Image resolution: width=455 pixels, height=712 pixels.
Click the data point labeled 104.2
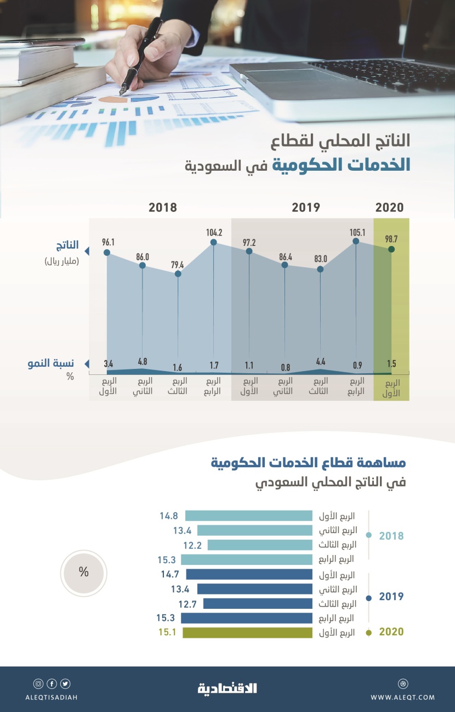tap(213, 242)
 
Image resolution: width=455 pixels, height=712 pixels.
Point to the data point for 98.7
tap(391, 249)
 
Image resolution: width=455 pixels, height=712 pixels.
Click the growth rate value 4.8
tap(143, 362)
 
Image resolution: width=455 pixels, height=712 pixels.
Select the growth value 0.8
tap(285, 367)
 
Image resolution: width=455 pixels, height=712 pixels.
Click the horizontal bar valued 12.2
tap(260, 545)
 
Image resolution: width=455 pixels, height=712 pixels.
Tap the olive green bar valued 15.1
tap(247, 633)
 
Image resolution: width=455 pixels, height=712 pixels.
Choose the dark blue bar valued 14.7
tap(249, 574)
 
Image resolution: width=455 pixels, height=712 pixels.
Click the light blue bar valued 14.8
tap(248, 515)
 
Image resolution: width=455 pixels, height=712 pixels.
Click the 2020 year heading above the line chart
tap(389, 208)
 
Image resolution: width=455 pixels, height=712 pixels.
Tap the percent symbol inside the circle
tap(83, 572)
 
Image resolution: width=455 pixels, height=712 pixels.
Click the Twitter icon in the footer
tap(66, 683)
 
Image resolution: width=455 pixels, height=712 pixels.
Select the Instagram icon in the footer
tap(38, 683)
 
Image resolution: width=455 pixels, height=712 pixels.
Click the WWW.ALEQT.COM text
tap(402, 697)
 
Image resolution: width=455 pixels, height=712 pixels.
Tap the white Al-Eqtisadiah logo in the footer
tap(227, 688)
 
